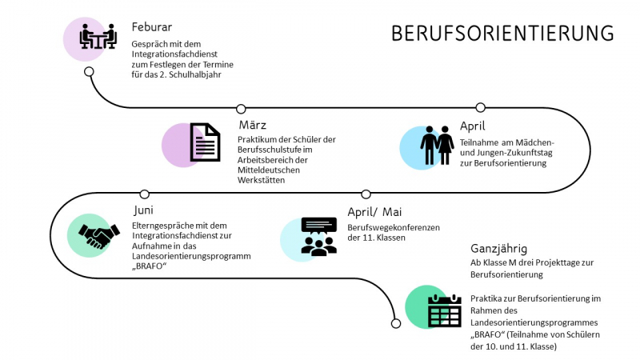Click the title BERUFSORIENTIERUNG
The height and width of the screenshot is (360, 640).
pyautogui.click(x=502, y=34)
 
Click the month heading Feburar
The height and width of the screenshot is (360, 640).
pyautogui.click(x=152, y=26)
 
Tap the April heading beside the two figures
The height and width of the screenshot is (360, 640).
pyautogui.click(x=472, y=126)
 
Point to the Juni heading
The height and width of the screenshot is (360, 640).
pyautogui.click(x=145, y=210)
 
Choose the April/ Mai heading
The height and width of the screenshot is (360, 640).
pyautogui.click(x=374, y=212)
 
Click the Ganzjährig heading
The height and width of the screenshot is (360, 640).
pyautogui.click(x=498, y=248)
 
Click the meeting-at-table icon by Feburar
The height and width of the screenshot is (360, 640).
pyautogui.click(x=98, y=37)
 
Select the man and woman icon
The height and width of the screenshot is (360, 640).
pyautogui.click(x=438, y=145)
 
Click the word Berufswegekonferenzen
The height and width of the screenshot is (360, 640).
pyautogui.click(x=394, y=227)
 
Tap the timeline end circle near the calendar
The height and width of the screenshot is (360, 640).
pyautogui.click(x=395, y=323)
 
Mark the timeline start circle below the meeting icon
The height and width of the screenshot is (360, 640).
pyautogui.click(x=89, y=71)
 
